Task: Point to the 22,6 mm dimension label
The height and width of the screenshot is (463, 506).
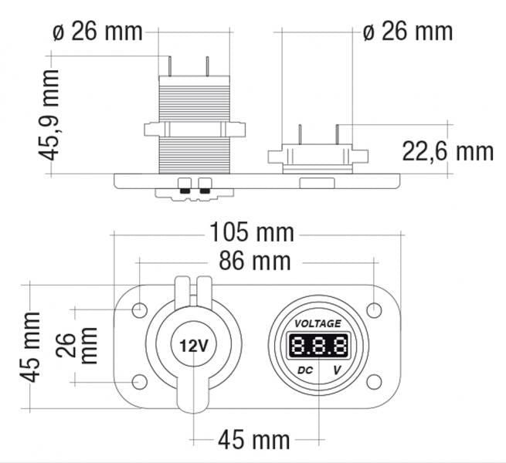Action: click(x=448, y=150)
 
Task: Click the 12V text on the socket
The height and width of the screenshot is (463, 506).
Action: click(x=193, y=346)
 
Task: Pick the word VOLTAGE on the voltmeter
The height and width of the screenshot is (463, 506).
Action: click(x=318, y=323)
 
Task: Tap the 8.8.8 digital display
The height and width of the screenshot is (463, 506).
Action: click(x=318, y=345)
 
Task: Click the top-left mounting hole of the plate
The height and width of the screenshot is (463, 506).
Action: click(x=140, y=310)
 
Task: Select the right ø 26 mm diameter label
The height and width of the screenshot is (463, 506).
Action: click(x=407, y=32)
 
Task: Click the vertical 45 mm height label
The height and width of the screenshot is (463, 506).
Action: click(x=31, y=346)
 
